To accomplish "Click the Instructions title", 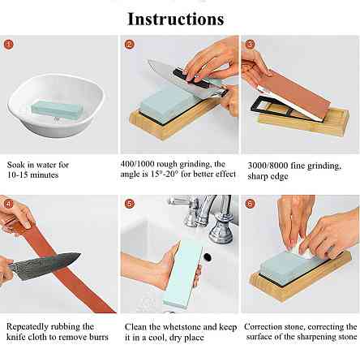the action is coord(176,19).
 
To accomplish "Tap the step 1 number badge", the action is coord(9,44).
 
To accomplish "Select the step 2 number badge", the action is coord(129,44).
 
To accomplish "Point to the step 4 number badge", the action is coord(9,204).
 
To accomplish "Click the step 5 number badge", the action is coord(130,204).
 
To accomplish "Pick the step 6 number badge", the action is coord(250,204).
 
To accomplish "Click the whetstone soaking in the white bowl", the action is coord(57,110).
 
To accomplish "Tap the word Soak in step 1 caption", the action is coord(15,165).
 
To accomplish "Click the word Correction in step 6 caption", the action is coord(261,326).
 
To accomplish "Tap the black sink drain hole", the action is coord(207,256).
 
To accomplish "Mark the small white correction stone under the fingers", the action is coord(302,250).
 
